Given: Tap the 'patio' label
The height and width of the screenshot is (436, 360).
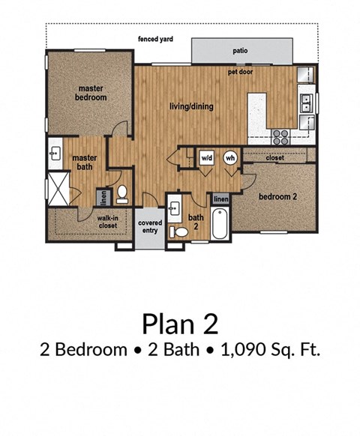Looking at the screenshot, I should point(240,51).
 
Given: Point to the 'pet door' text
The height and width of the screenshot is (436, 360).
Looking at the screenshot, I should point(242,73).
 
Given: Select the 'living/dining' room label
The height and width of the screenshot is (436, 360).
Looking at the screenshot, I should point(190,106).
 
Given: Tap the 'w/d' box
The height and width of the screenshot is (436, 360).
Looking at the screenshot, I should point(207,159).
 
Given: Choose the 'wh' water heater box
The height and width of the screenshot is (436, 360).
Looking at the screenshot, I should point(230,159).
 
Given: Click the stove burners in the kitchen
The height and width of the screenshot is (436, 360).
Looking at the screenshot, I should point(281,136).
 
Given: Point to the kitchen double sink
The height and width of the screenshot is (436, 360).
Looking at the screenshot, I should point(307,102).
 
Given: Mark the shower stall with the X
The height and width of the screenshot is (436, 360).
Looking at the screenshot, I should point(58,188).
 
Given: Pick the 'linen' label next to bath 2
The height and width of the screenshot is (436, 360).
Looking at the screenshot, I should point(220,199).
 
